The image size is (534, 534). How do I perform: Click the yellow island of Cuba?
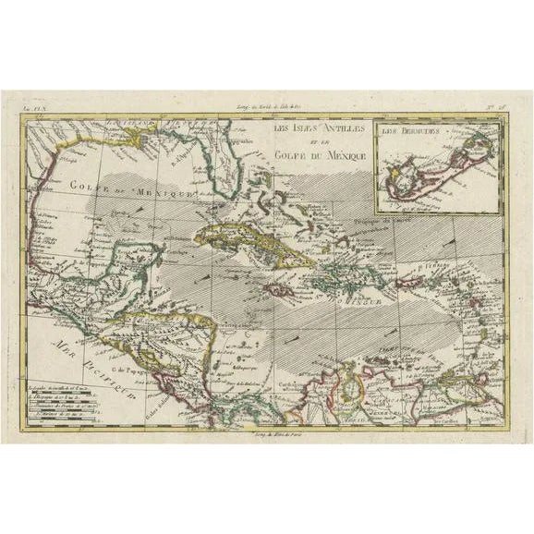(249, 240)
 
